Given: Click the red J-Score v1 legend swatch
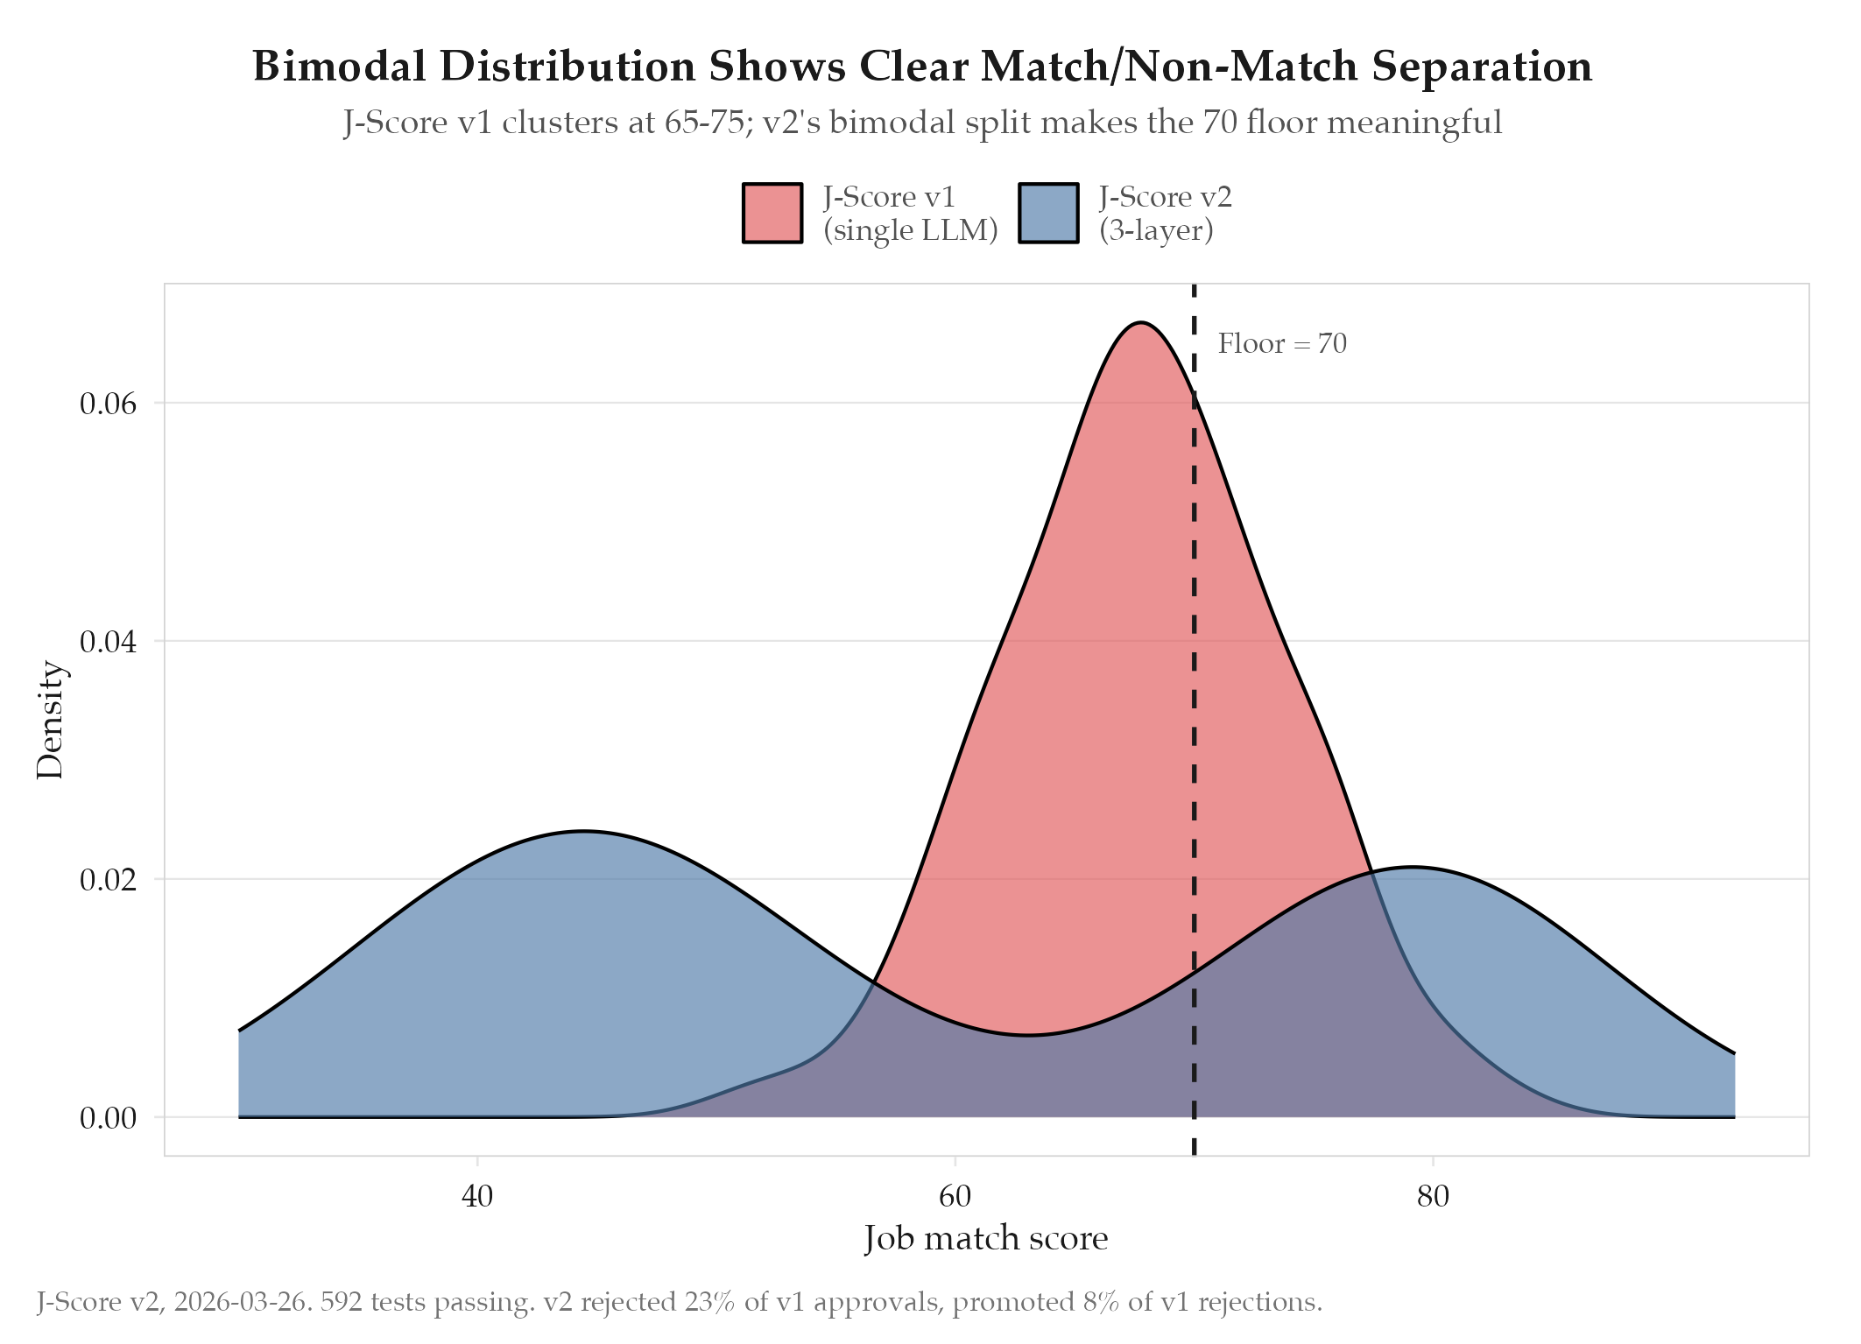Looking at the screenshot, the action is [772, 213].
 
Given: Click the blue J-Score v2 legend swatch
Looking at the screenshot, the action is [1048, 213].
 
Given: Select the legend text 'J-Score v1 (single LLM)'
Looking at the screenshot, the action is [910, 213].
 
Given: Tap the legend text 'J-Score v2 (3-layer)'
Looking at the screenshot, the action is [1166, 213].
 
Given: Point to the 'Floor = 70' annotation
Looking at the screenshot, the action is [1282, 343].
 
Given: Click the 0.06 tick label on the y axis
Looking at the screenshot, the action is [109, 404].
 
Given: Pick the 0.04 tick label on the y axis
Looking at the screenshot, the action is [109, 642].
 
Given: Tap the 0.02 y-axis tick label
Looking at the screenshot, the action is [109, 880].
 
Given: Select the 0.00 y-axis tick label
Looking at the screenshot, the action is [109, 1118].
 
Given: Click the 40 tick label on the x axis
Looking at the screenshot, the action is [477, 1195].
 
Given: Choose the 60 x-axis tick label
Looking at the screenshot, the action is [955, 1195].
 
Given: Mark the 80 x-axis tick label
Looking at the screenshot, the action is [1433, 1195].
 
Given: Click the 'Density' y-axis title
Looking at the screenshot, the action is [51, 720].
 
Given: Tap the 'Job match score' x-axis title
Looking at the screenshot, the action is [986, 1239].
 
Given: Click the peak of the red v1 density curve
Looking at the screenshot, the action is [1139, 322].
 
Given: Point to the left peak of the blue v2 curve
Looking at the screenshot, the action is [583, 831].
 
